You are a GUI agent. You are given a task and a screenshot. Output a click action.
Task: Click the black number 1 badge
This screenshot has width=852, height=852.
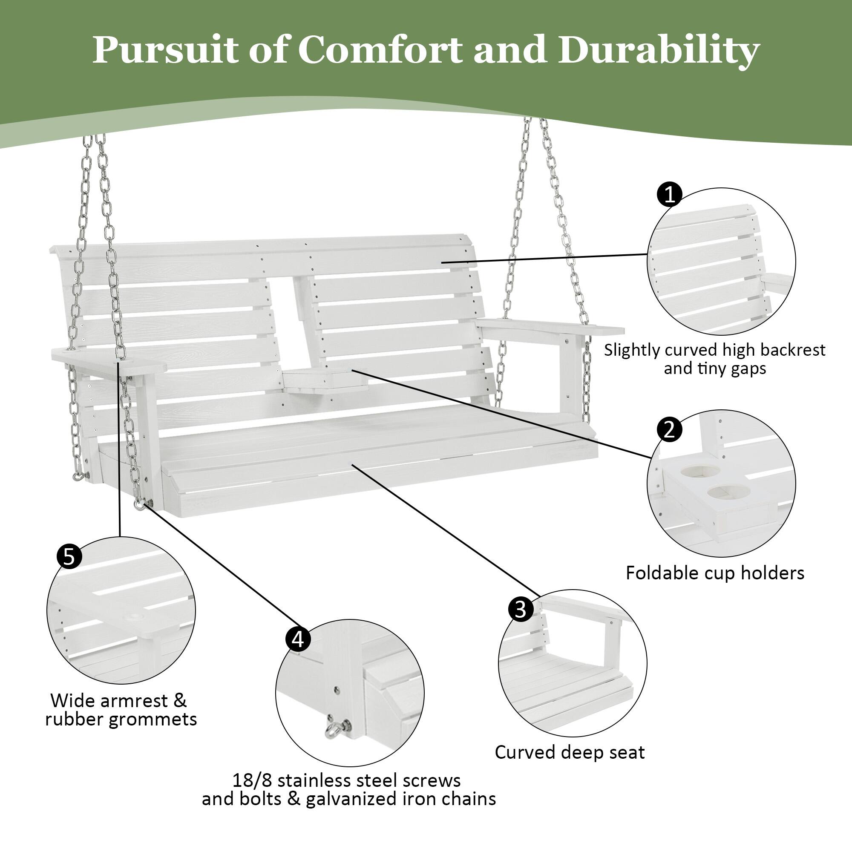tap(669, 194)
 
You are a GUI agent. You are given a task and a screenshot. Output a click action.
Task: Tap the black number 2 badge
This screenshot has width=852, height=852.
tap(669, 429)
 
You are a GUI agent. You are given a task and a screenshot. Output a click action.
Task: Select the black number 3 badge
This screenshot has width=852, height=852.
tap(521, 609)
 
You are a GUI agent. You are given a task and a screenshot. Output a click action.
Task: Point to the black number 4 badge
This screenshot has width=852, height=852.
tap(298, 639)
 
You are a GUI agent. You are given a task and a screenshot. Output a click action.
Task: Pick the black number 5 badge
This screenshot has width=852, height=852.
tap(70, 556)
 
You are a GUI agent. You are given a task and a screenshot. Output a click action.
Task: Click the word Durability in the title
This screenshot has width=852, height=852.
tap(658, 50)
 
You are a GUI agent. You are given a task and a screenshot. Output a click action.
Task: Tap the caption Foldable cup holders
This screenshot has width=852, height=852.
tap(715, 573)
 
